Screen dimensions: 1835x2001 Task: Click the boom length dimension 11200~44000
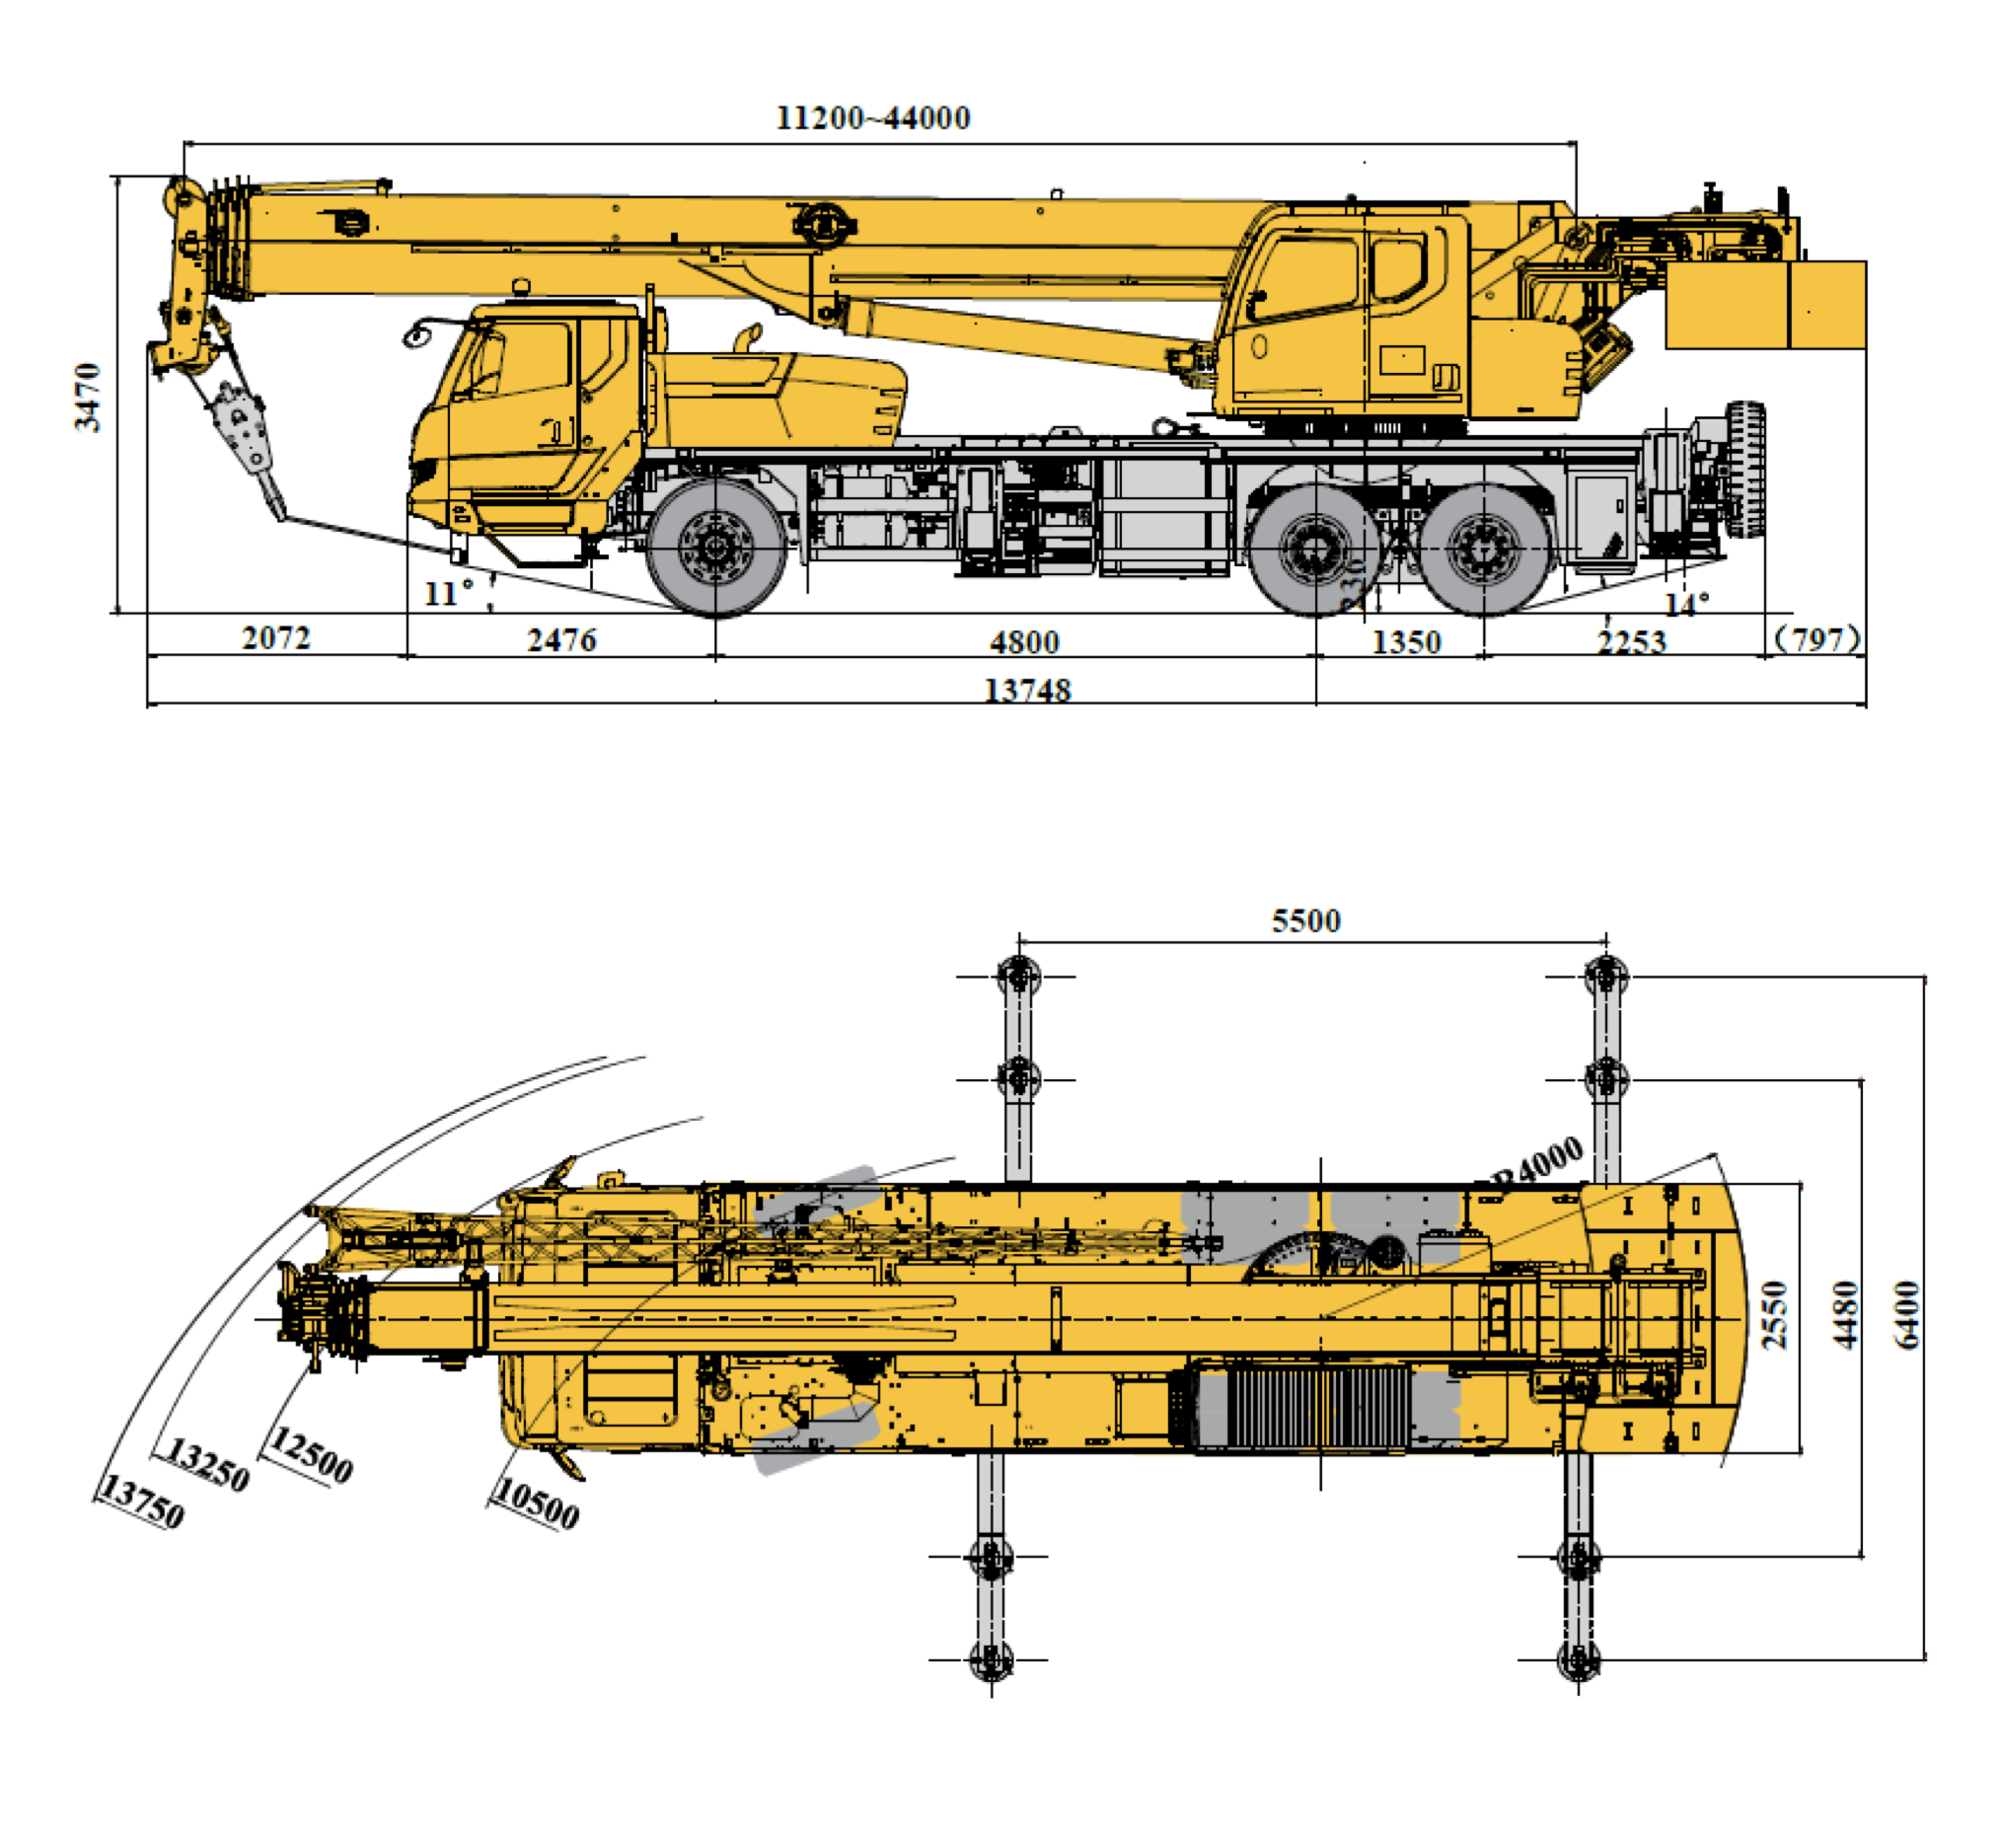point(872,118)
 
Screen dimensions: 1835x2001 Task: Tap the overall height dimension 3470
point(89,397)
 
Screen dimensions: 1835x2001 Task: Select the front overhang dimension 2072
point(276,637)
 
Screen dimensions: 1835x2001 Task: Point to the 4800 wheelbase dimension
point(1024,641)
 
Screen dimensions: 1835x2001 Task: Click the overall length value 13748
point(1027,690)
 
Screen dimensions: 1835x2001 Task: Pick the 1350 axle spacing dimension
point(1405,641)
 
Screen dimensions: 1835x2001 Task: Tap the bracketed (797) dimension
point(1816,638)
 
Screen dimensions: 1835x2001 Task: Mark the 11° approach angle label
point(448,593)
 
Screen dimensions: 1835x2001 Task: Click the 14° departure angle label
point(1686,603)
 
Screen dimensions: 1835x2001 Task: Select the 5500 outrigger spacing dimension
point(1305,920)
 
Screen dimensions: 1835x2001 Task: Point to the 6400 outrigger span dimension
point(1907,1316)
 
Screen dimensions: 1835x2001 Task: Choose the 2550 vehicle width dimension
point(1774,1316)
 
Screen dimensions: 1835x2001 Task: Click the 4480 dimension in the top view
point(1845,1316)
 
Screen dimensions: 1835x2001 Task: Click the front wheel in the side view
point(715,548)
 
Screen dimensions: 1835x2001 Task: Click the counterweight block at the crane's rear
point(1764,304)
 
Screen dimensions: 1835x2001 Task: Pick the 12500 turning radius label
point(311,1456)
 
